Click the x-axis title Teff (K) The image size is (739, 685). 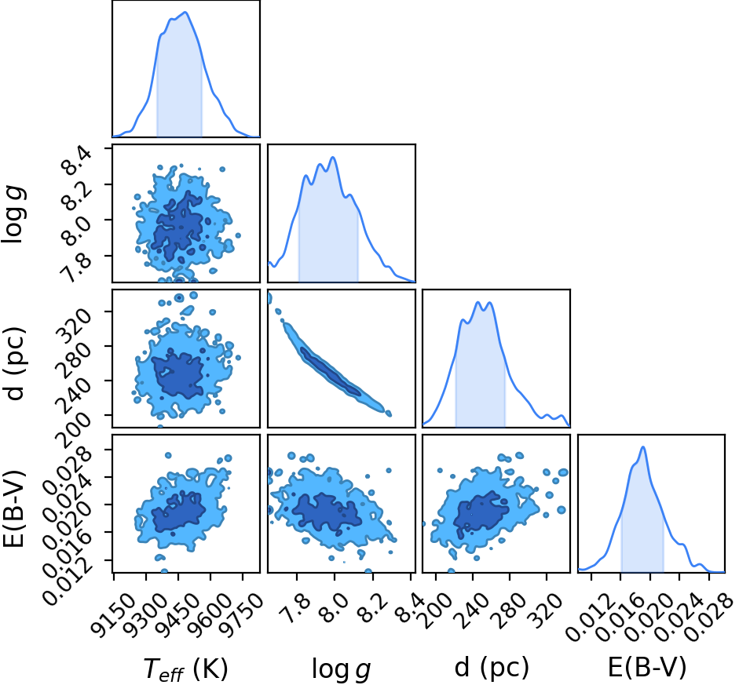pyautogui.click(x=185, y=669)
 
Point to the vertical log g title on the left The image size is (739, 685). pyautogui.click(x=14, y=214)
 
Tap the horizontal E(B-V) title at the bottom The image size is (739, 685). pyautogui.click(x=646, y=667)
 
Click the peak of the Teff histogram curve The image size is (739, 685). pyautogui.click(x=185, y=13)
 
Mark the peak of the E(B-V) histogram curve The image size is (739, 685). pyautogui.click(x=643, y=446)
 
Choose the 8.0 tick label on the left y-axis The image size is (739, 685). pyautogui.click(x=73, y=231)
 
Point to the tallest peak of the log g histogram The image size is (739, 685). pyautogui.click(x=333, y=157)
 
